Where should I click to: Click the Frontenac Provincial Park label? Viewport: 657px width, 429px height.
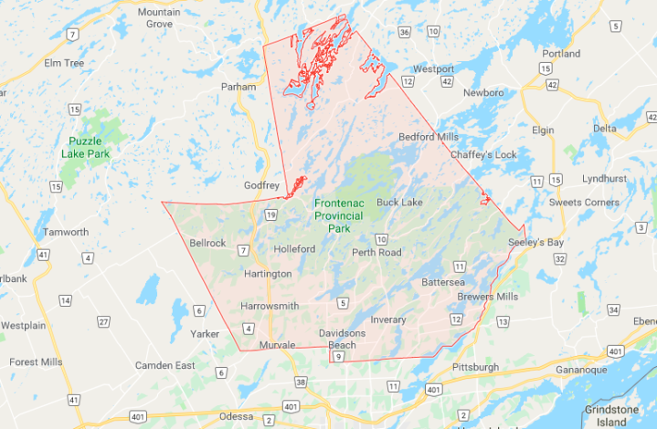tap(338, 214)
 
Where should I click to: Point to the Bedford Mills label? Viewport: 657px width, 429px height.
tap(428, 137)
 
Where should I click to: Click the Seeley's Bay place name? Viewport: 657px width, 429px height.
tap(536, 242)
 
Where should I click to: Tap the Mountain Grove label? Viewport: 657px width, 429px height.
tap(158, 17)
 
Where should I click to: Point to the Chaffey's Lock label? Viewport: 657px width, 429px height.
tap(483, 154)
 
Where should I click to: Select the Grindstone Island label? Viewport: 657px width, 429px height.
tap(611, 416)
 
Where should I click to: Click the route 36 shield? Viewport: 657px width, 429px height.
tap(404, 32)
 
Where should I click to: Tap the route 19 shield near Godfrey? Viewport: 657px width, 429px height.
tap(271, 215)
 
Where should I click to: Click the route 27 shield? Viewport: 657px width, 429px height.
tap(103, 321)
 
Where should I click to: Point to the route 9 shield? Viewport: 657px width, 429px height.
tap(338, 356)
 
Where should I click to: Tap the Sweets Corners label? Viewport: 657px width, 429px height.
tap(588, 202)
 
